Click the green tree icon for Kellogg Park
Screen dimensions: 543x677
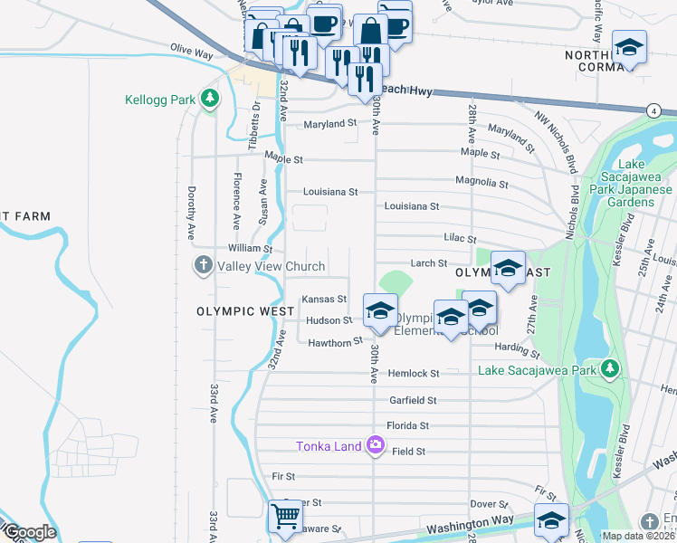pyautogui.click(x=210, y=97)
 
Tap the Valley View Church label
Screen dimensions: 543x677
pyautogui.click(x=269, y=266)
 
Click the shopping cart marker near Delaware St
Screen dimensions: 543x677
pyautogui.click(x=286, y=517)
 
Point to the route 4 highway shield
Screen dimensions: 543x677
pyautogui.click(x=653, y=110)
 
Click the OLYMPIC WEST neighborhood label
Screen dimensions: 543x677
pyautogui.click(x=245, y=311)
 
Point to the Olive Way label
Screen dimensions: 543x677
pyautogui.click(x=191, y=54)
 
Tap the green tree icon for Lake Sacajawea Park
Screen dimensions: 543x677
pyautogui.click(x=611, y=368)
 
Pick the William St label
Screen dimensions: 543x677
pyautogui.click(x=250, y=248)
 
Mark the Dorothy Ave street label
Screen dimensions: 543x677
pyautogui.click(x=191, y=214)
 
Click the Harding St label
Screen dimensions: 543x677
pyautogui.click(x=512, y=347)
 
